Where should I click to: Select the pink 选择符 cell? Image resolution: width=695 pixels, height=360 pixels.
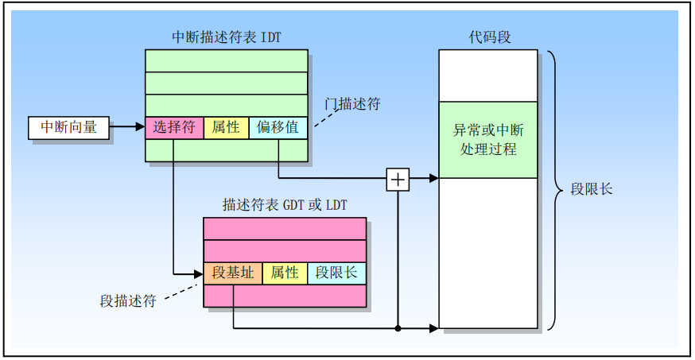tap(174, 127)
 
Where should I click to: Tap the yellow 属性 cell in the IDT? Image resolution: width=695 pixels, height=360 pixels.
tap(226, 127)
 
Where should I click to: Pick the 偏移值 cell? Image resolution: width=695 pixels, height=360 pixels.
tap(278, 127)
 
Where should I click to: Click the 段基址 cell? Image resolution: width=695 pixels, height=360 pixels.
tap(233, 273)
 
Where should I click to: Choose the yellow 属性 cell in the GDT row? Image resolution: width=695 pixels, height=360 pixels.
tap(284, 273)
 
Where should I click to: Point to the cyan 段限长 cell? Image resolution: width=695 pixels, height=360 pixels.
tap(336, 273)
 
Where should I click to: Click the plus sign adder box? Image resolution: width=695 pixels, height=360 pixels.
tap(398, 180)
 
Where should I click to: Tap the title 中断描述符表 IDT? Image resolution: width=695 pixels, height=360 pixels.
tap(227, 37)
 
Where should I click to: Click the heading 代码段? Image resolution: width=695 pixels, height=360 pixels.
tap(488, 37)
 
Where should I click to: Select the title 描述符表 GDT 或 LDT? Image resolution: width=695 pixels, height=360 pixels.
tap(285, 204)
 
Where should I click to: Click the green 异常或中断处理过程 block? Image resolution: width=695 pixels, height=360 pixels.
tap(488, 139)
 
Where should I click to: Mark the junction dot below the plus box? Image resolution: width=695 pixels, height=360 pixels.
tap(398, 327)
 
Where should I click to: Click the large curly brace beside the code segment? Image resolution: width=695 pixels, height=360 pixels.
tap(555, 189)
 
